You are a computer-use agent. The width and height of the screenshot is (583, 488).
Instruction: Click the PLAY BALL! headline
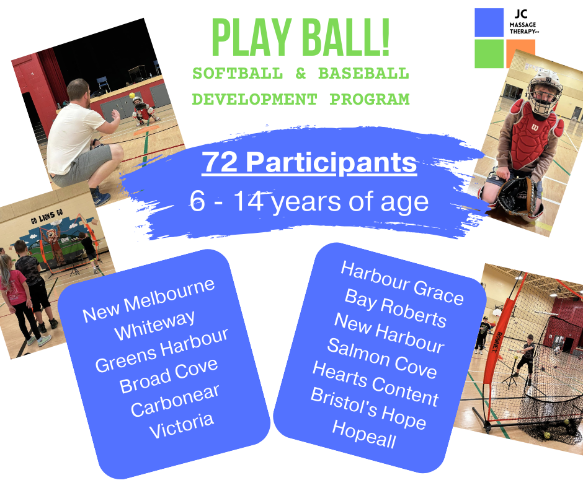click(x=300, y=38)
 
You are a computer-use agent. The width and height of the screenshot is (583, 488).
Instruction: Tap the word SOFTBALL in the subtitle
click(x=238, y=74)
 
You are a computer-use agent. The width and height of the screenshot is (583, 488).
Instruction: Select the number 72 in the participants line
click(x=220, y=162)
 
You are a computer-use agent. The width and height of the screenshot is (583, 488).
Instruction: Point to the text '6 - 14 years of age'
click(x=309, y=203)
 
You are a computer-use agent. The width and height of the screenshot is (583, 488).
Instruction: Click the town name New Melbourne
click(x=149, y=301)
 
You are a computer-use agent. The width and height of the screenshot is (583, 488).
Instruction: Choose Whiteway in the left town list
click(x=154, y=325)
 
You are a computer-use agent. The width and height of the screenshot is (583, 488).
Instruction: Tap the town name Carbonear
click(x=175, y=401)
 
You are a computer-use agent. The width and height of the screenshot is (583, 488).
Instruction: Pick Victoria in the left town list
click(x=182, y=425)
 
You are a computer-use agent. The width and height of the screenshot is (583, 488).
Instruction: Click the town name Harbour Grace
click(x=402, y=283)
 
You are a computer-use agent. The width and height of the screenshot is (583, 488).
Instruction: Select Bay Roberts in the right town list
click(x=395, y=308)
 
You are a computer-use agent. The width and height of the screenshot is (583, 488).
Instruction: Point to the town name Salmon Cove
click(x=381, y=359)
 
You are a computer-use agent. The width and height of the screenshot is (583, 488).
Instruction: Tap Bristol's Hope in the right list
click(x=368, y=409)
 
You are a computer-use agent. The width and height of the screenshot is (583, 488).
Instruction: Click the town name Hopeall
click(x=364, y=434)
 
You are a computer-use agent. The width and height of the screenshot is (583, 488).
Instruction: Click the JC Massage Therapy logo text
click(x=523, y=23)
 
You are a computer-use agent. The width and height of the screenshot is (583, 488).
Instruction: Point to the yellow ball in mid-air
click(x=131, y=96)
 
